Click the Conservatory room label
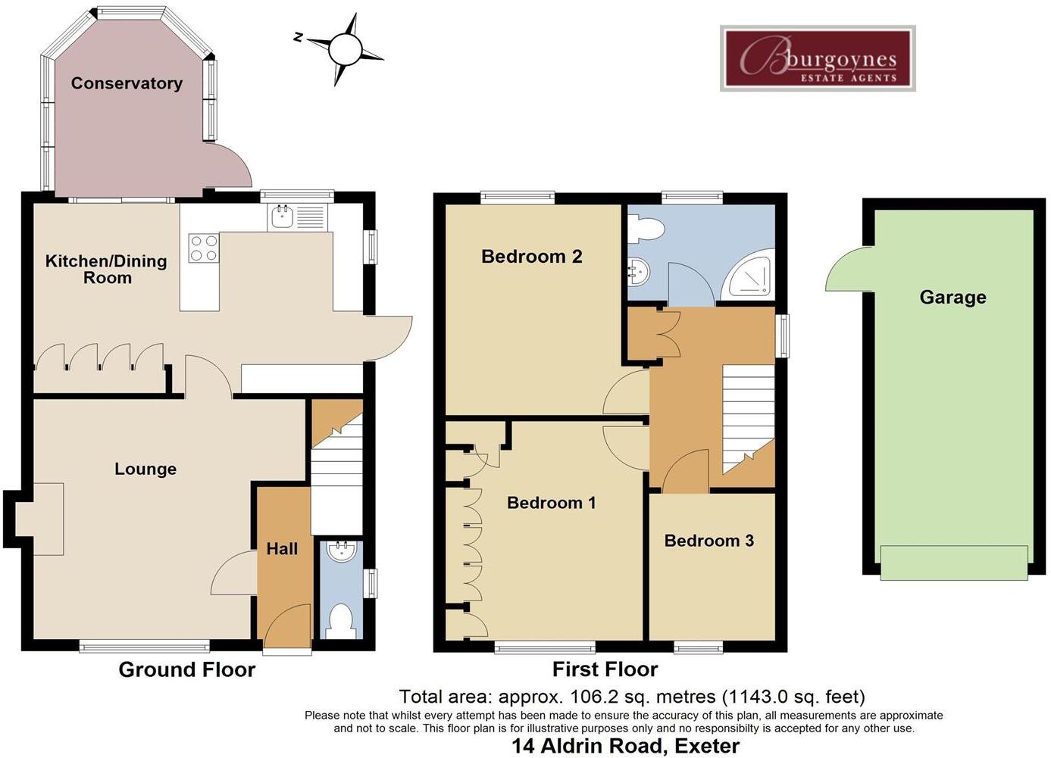(x=127, y=83)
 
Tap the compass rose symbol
(x=343, y=50)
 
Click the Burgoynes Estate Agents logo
(x=818, y=58)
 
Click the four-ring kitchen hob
(x=203, y=248)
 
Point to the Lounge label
(x=145, y=469)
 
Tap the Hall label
(x=282, y=549)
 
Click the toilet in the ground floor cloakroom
(x=340, y=620)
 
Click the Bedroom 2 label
(x=531, y=257)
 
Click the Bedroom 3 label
(x=708, y=541)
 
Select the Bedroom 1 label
(x=551, y=503)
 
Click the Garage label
(x=952, y=298)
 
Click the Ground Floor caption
(x=187, y=669)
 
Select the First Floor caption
(x=605, y=669)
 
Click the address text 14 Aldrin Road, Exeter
(x=625, y=746)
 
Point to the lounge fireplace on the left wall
(x=38, y=519)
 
